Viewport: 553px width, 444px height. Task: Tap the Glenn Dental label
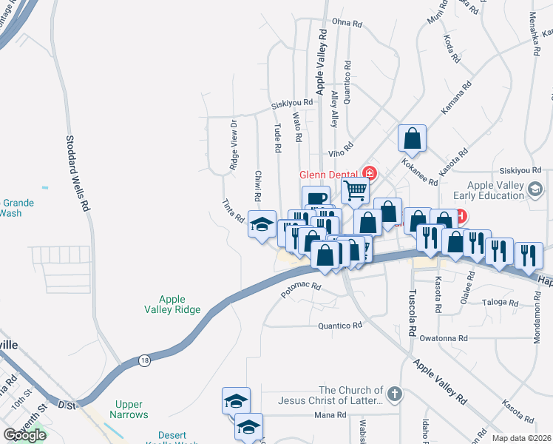click(330, 175)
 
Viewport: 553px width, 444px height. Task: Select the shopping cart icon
click(355, 190)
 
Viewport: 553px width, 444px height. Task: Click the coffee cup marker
click(316, 198)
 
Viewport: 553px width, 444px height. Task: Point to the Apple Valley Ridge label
click(172, 304)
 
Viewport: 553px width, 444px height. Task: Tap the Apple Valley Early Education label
click(495, 191)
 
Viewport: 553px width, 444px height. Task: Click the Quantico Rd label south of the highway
click(340, 325)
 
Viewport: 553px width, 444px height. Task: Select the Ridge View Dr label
click(232, 146)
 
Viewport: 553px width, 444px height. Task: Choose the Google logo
click(24, 434)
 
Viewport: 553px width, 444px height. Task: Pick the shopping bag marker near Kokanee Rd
click(412, 138)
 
